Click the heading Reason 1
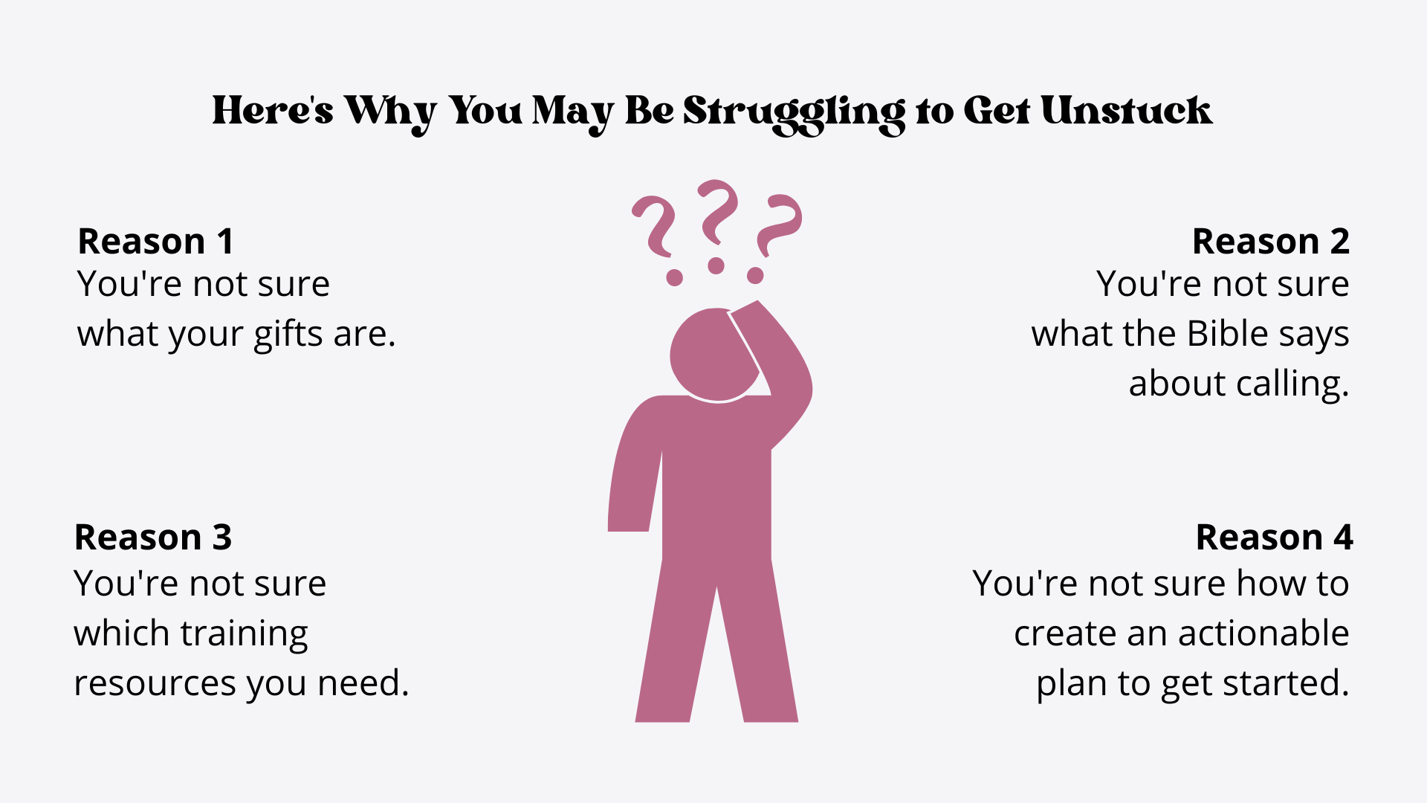click(156, 242)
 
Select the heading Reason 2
click(1271, 242)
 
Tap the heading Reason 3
click(153, 538)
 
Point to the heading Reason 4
click(1274, 538)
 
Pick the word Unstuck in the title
click(1126, 111)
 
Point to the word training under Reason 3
click(245, 635)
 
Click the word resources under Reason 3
click(155, 684)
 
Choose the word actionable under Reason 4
click(1263, 633)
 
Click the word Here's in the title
click(273, 111)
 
